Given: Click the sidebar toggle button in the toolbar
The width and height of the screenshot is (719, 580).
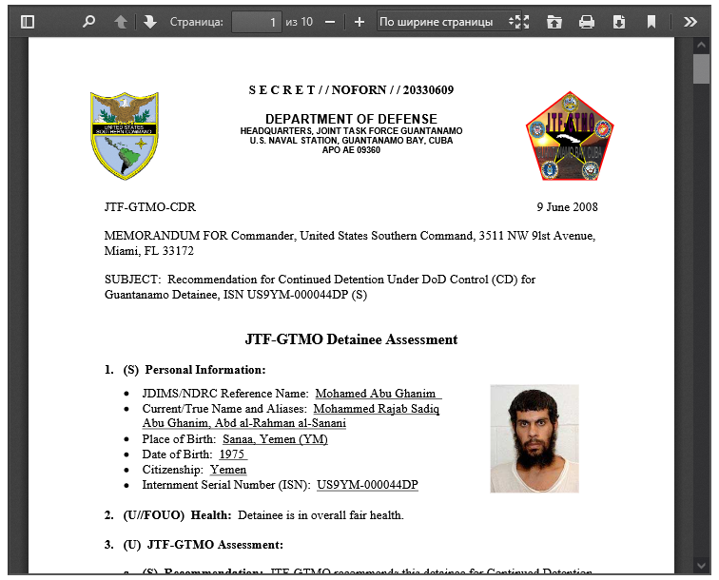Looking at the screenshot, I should click(x=28, y=21).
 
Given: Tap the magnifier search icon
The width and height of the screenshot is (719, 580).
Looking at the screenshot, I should click(x=88, y=21).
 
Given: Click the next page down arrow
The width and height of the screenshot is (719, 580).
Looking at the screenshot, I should click(x=150, y=21).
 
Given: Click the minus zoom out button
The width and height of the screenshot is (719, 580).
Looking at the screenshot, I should click(x=330, y=21).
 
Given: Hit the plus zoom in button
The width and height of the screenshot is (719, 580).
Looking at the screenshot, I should click(x=359, y=21).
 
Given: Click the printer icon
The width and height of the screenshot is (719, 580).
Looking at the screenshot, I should click(x=587, y=21).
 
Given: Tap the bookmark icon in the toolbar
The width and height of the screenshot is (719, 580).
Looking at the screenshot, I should click(x=651, y=21).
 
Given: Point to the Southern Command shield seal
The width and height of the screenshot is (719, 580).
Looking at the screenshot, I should click(x=125, y=135).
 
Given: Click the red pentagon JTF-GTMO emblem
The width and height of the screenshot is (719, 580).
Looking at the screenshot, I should click(x=570, y=137).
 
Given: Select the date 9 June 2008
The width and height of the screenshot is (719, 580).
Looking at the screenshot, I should click(x=567, y=207).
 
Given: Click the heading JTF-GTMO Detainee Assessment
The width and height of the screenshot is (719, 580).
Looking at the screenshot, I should click(x=351, y=339).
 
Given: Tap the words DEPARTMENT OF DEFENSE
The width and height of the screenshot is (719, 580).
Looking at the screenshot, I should click(x=351, y=118).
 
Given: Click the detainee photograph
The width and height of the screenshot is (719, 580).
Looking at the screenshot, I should click(x=534, y=438).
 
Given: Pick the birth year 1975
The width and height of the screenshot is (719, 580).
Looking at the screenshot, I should click(x=233, y=454).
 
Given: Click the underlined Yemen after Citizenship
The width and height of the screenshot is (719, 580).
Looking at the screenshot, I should click(x=228, y=470).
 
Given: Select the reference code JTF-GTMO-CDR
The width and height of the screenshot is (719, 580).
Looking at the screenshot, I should click(x=150, y=207).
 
